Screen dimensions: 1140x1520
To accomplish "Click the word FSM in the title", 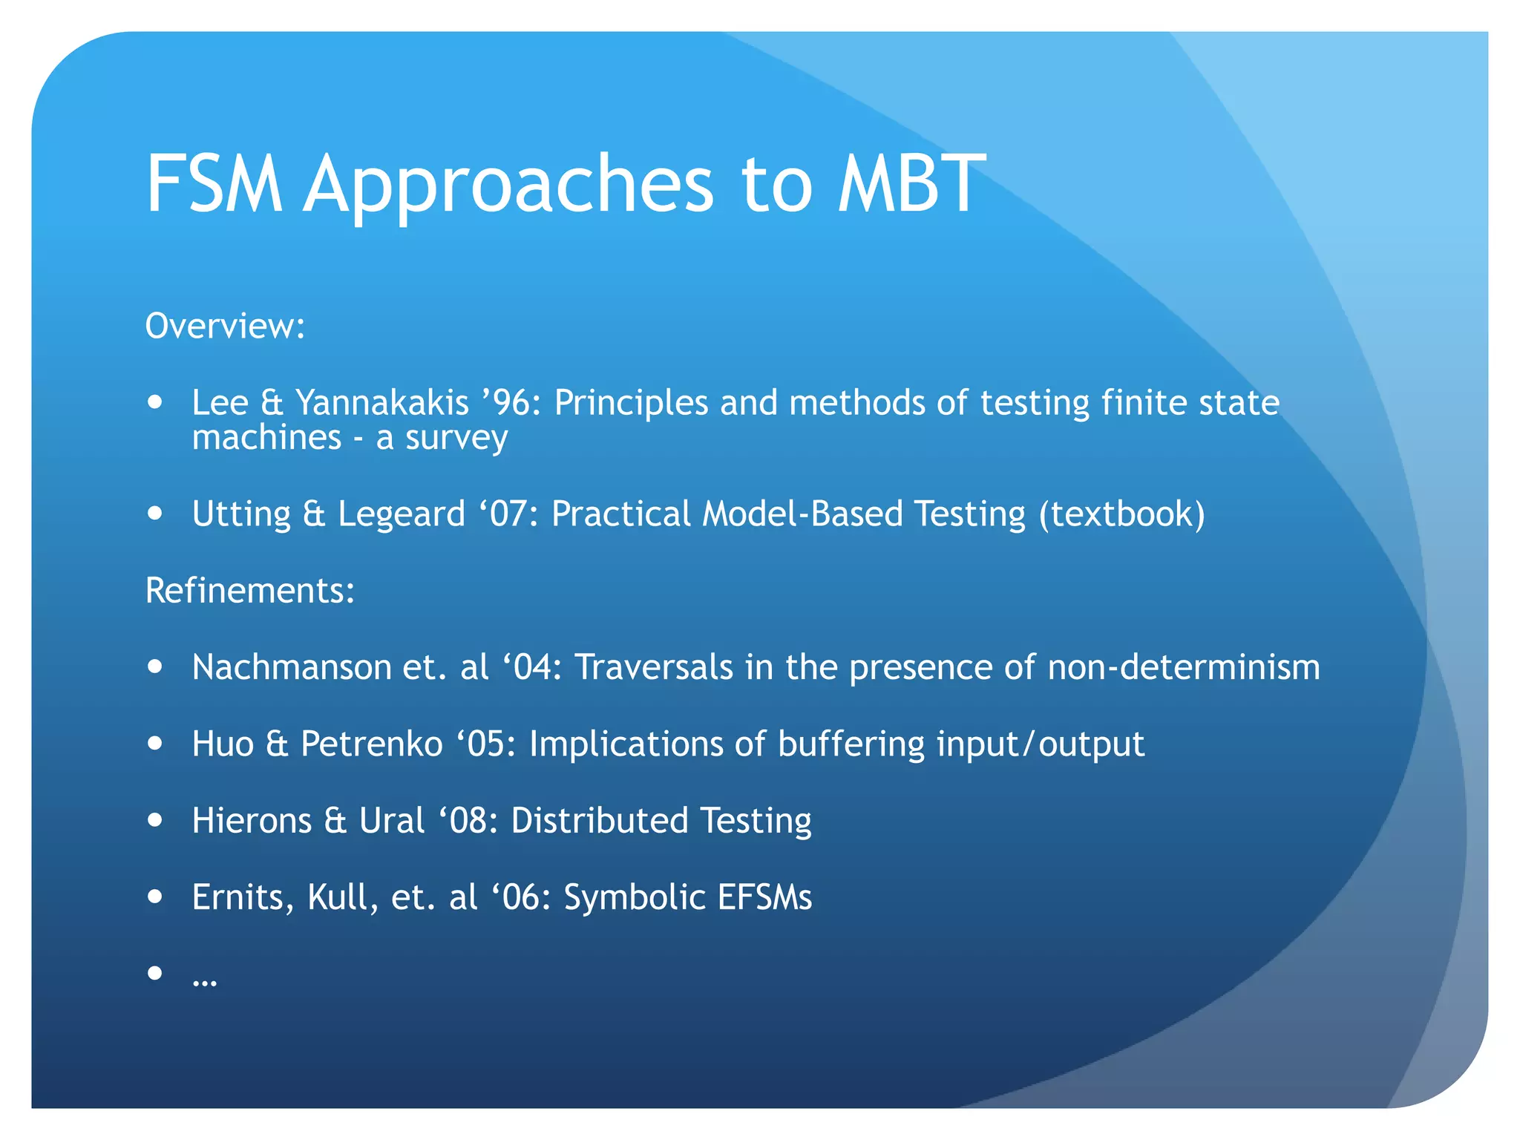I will click(x=214, y=184).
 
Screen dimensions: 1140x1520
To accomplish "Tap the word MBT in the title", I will click(x=911, y=184).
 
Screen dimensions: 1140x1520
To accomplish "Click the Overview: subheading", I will click(x=225, y=327).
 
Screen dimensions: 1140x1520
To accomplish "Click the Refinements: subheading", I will click(x=250, y=591).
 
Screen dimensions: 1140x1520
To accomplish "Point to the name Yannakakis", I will click(x=382, y=403).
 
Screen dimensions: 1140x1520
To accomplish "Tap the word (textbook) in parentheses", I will click(x=1121, y=514).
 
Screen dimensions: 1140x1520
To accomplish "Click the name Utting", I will click(x=241, y=514).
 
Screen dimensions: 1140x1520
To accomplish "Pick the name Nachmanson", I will click(x=291, y=667).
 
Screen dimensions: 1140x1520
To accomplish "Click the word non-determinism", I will click(x=1184, y=667).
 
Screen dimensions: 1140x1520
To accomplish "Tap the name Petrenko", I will click(x=371, y=744).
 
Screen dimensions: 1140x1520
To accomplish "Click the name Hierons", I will click(x=252, y=821).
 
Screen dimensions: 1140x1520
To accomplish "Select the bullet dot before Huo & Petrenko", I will click(x=154, y=743).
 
